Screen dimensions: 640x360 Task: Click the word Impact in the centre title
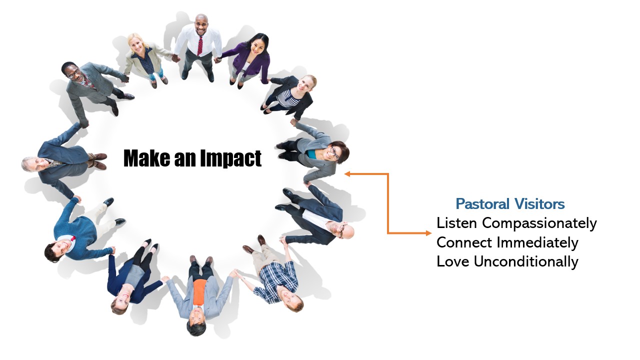pyautogui.click(x=230, y=158)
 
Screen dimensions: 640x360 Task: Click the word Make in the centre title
pyautogui.click(x=147, y=158)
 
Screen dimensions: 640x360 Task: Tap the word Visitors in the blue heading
pyautogui.click(x=539, y=204)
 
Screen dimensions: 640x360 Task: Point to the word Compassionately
pyautogui.click(x=539, y=223)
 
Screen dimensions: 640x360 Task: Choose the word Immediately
pyautogui.click(x=537, y=243)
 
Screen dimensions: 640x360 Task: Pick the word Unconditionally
pyautogui.click(x=526, y=261)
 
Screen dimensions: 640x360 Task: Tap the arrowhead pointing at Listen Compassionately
pyautogui.click(x=428, y=233)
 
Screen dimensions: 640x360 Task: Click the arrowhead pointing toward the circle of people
pyautogui.click(x=347, y=173)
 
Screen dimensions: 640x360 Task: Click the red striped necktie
pyautogui.click(x=199, y=45)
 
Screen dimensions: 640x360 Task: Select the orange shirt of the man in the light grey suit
pyautogui.click(x=199, y=292)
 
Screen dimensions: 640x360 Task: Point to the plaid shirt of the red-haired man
pyautogui.click(x=278, y=281)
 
